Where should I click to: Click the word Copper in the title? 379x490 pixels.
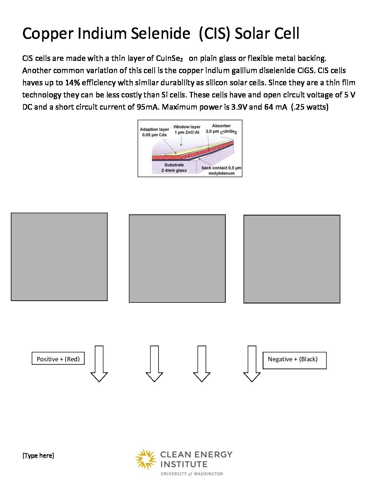pyautogui.click(x=48, y=34)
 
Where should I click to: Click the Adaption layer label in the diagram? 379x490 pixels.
pyautogui.click(x=154, y=132)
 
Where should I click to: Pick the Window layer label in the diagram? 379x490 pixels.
pyautogui.click(x=187, y=129)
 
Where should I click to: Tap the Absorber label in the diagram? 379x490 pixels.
pyautogui.click(x=221, y=128)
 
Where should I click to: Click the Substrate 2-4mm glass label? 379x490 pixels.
pyautogui.click(x=174, y=168)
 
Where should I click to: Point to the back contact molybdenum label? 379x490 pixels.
pyautogui.click(x=221, y=170)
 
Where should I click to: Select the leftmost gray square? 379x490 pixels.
pyautogui.click(x=59, y=257)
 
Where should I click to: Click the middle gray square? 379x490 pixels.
pyautogui.click(x=177, y=259)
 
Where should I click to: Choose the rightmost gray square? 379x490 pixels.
pyautogui.click(x=292, y=259)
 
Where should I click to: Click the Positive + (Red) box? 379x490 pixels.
pyautogui.click(x=58, y=358)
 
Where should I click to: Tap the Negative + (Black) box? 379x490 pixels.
pyautogui.click(x=294, y=360)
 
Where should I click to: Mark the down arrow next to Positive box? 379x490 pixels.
pyautogui.click(x=99, y=364)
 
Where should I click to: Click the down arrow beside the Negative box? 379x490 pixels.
pyautogui.click(x=252, y=364)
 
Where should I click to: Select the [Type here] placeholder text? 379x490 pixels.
pyautogui.click(x=38, y=456)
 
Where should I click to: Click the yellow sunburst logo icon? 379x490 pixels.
pyautogui.click(x=146, y=459)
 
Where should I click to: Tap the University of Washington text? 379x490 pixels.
pyautogui.click(x=192, y=474)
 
